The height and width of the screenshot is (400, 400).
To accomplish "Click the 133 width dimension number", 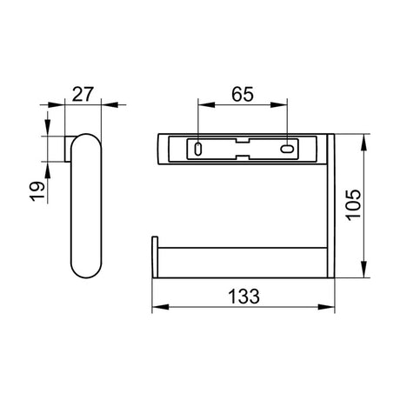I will point(244,296).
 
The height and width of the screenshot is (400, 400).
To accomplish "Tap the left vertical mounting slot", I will point(199,150).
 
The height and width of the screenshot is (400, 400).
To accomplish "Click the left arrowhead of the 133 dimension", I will point(157,307).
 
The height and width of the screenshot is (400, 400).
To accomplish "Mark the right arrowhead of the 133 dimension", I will point(330,307).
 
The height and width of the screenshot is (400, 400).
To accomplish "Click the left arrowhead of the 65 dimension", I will point(203,106).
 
